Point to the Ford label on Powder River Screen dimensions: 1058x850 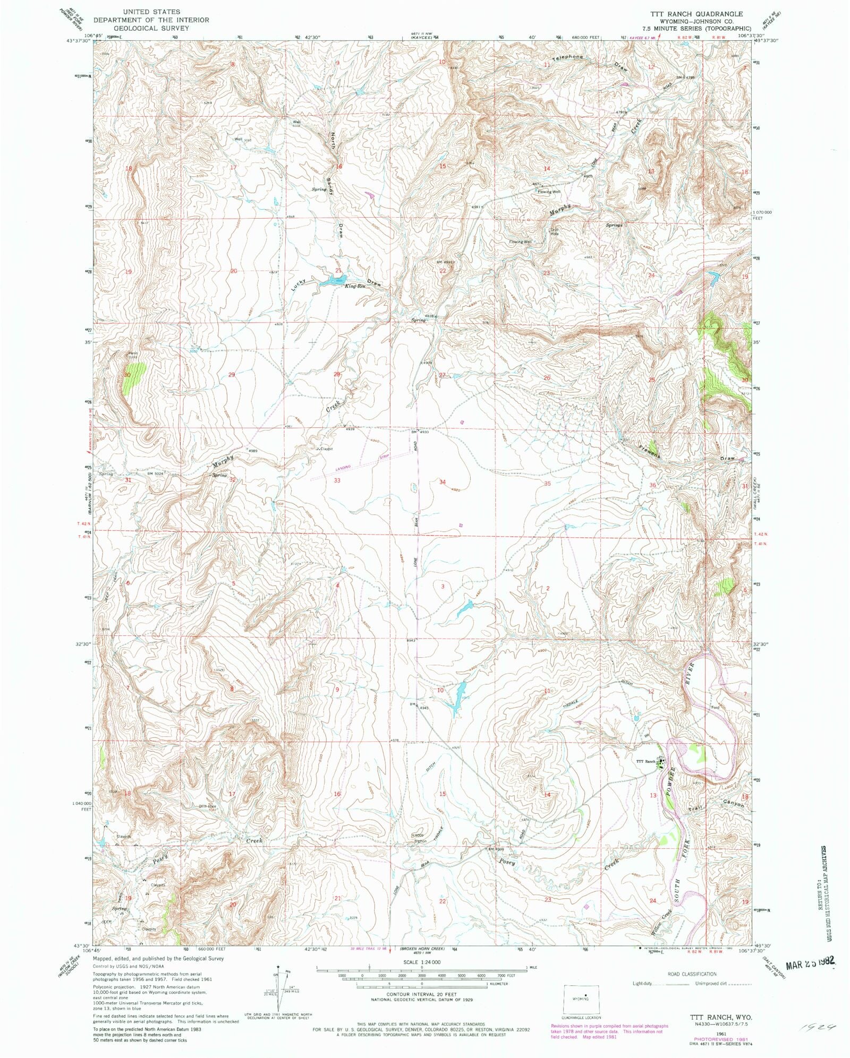715,707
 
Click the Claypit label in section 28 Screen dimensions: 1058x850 325,449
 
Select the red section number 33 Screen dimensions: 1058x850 337,480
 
